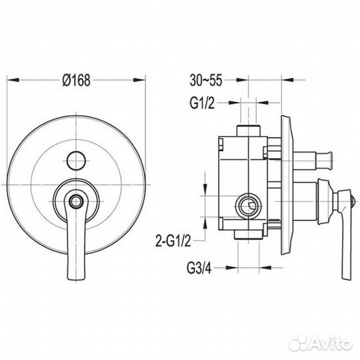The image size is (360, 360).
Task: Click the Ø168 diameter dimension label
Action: click(77, 81)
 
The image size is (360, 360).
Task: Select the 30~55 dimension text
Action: click(206, 81)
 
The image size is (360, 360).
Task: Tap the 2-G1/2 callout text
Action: click(173, 241)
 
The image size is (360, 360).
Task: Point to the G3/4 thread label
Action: click(199, 268)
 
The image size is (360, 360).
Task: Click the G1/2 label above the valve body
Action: click(202, 103)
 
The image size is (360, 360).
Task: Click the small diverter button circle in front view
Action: click(76, 161)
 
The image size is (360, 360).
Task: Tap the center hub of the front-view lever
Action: click(76, 201)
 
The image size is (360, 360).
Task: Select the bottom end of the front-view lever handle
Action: click(77, 279)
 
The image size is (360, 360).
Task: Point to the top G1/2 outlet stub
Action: click(249, 131)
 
